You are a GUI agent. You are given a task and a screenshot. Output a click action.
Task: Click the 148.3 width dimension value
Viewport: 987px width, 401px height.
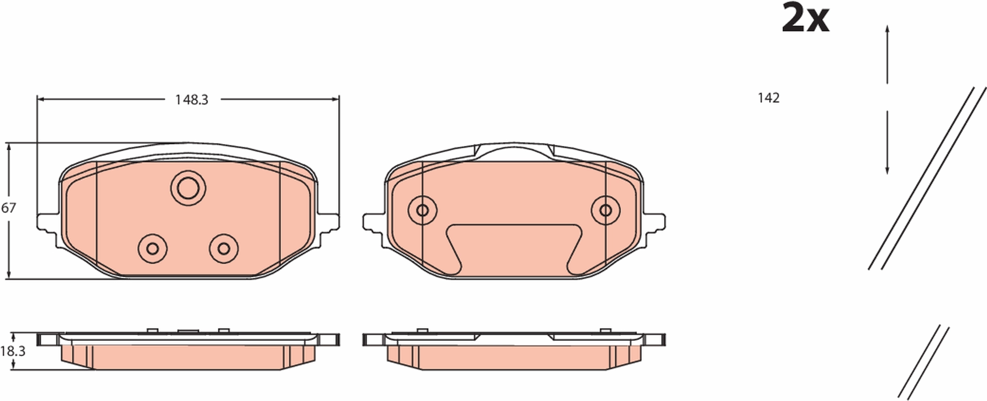point(192,100)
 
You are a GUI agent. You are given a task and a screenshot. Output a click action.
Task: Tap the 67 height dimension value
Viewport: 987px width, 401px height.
point(8,208)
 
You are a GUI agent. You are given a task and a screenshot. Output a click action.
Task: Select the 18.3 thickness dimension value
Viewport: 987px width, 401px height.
point(12,351)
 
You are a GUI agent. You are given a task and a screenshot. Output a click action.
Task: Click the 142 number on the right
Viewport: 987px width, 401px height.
point(769,98)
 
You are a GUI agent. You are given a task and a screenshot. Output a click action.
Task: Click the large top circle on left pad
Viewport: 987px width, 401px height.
point(188,188)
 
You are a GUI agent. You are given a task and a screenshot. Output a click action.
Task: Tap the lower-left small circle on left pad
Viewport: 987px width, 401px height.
point(152,249)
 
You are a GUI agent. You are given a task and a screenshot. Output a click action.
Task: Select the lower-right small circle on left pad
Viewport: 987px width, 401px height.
point(224,249)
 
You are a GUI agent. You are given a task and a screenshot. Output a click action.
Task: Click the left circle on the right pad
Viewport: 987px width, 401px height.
point(422,210)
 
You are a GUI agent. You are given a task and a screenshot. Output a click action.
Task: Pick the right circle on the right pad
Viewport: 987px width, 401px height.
point(605,210)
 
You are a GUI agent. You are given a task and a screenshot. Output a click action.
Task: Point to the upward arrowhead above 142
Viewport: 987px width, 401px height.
point(887,30)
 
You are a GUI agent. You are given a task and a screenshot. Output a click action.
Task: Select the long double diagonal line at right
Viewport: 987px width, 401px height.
point(928,178)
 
